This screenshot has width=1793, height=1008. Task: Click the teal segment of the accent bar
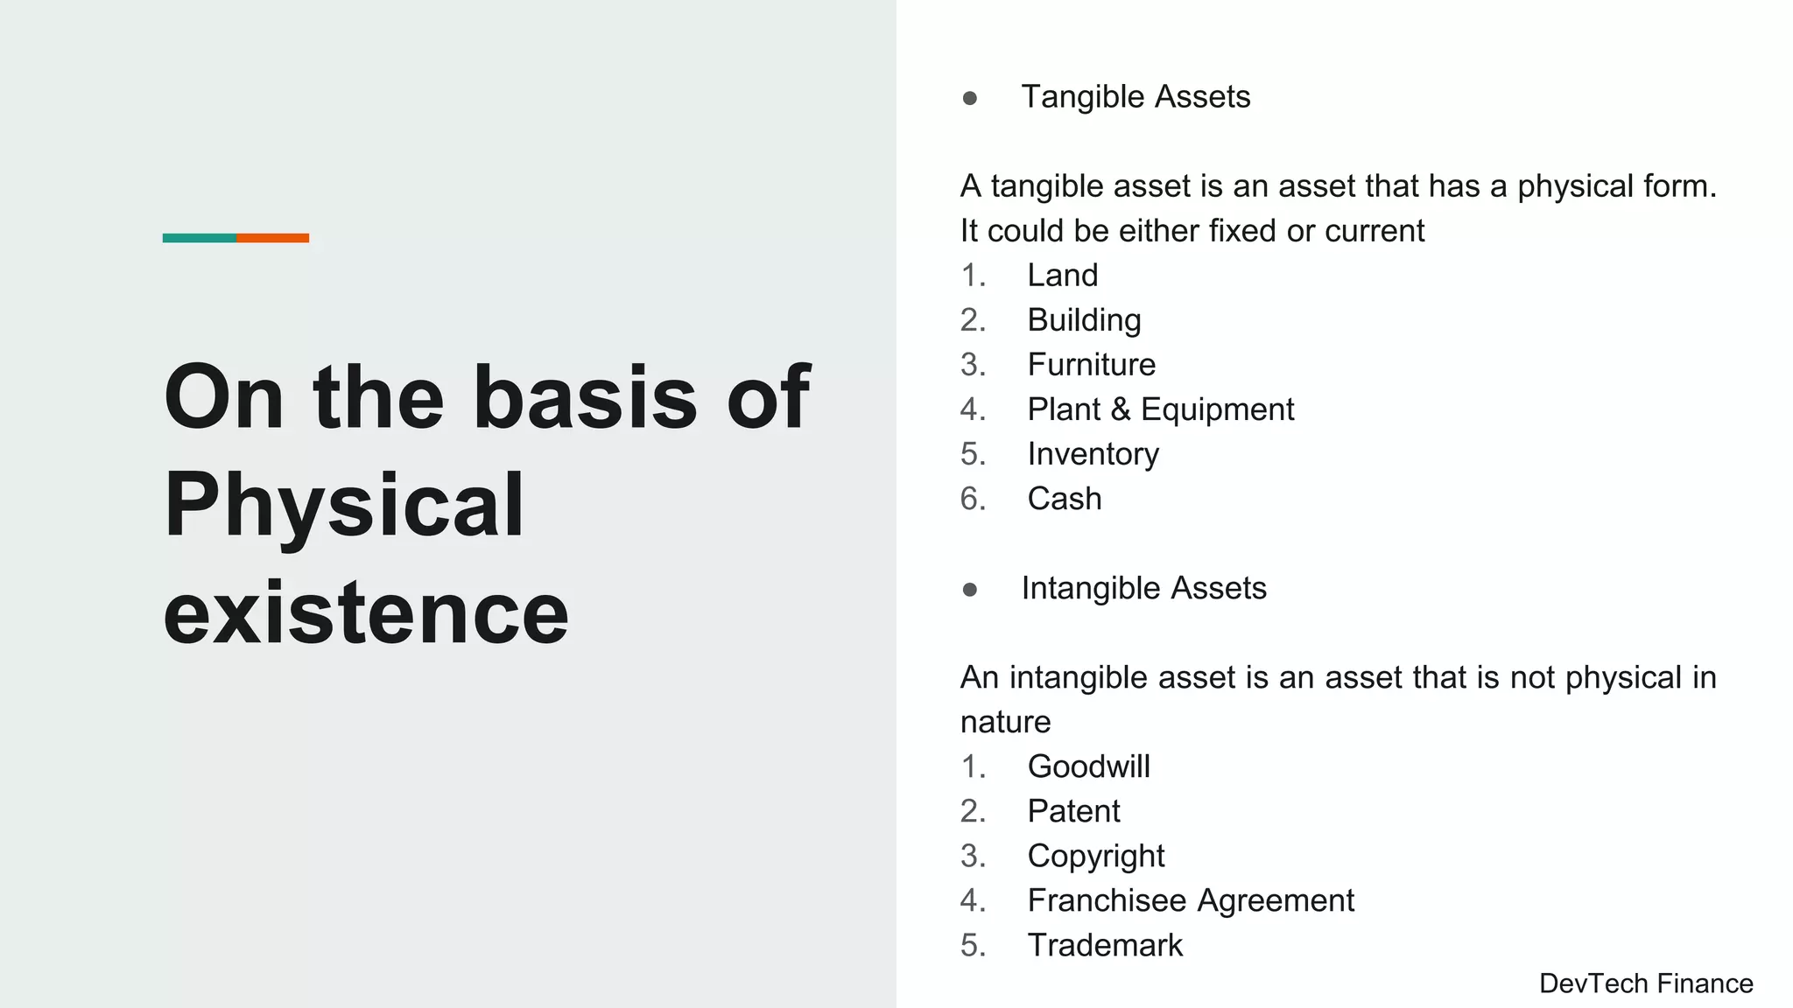(199, 238)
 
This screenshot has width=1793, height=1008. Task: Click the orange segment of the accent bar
(272, 238)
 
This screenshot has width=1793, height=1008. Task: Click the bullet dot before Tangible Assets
(969, 98)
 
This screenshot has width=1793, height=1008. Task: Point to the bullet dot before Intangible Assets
(969, 590)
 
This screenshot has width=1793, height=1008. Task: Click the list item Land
(1062, 276)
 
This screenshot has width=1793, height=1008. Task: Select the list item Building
(1084, 320)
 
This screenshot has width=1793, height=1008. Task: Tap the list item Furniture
(1091, 365)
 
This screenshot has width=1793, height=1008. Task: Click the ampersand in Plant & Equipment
(1121, 409)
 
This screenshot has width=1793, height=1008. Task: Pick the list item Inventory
(1093, 454)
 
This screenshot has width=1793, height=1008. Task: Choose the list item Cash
(1064, 499)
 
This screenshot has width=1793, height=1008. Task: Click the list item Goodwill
(1088, 766)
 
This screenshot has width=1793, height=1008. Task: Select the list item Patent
(1073, 811)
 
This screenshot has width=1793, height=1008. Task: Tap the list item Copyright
(1095, 856)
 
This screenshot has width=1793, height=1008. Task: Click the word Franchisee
(1107, 900)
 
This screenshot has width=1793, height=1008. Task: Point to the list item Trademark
(1105, 945)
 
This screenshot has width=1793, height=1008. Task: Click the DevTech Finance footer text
(1646, 983)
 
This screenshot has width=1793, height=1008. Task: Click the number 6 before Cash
(970, 499)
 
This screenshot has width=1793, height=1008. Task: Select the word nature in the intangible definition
(1005, 722)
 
